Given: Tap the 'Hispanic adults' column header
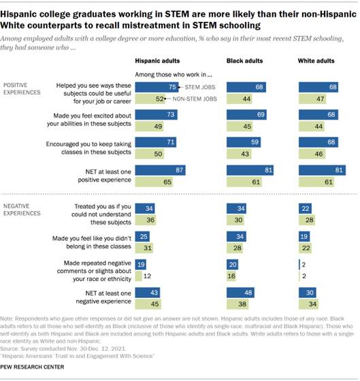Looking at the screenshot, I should [157, 61].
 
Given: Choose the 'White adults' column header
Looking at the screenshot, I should [317, 61].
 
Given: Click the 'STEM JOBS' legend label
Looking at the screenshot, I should [195, 88].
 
